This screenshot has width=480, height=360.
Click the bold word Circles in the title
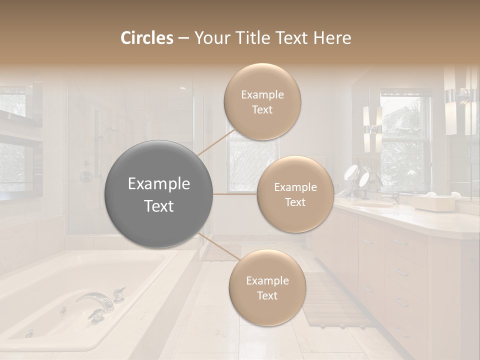[x=146, y=38]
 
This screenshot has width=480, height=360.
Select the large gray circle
[x=159, y=194]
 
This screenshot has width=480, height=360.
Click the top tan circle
[x=262, y=102]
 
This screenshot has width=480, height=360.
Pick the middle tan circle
[x=295, y=194]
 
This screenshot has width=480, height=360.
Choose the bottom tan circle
[x=267, y=288]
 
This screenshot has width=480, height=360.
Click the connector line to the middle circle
[x=235, y=194]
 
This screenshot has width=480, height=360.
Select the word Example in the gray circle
[x=159, y=184]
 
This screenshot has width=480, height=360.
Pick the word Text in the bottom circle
[x=267, y=295]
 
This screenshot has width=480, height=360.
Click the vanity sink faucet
[x=395, y=197]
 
